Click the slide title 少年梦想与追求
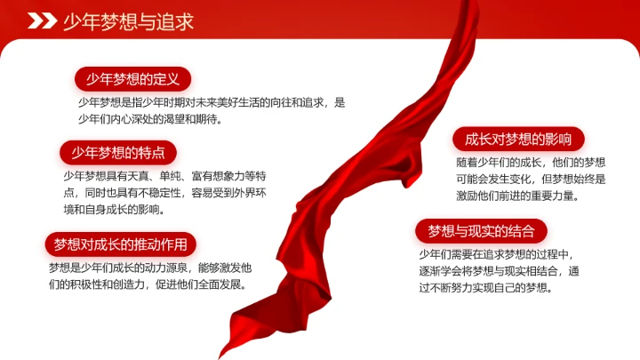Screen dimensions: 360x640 pyautogui.click(x=129, y=21)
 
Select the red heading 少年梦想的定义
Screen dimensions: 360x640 pyautogui.click(x=132, y=79)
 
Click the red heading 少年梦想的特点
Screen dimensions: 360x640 pyautogui.click(x=118, y=152)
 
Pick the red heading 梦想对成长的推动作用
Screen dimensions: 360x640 pyautogui.click(x=120, y=244)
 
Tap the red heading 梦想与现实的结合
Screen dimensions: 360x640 pyautogui.click(x=482, y=232)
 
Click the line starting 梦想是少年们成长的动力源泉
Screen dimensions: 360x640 pyautogui.click(x=151, y=268)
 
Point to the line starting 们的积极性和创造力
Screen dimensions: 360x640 pyautogui.click(x=148, y=284)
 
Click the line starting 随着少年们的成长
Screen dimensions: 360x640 pyautogui.click(x=532, y=163)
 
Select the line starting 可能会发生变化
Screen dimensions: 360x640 pyautogui.click(x=532, y=180)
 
